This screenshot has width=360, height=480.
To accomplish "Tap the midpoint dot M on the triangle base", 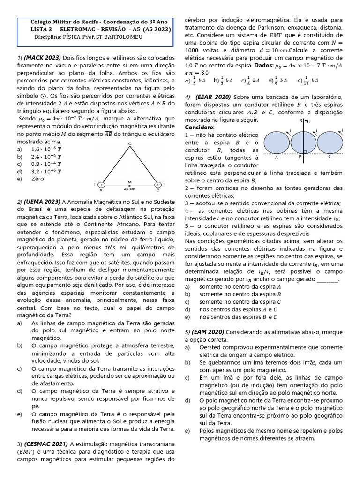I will (x=130, y=185).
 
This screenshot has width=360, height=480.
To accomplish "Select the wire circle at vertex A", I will (x=101, y=185).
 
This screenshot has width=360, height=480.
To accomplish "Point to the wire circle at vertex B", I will (x=158, y=185).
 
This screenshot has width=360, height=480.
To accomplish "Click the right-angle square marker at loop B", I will (x=305, y=152).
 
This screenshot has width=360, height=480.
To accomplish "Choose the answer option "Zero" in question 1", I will (x=37, y=179).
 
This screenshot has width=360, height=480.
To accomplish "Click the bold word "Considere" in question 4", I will (x=199, y=127).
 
